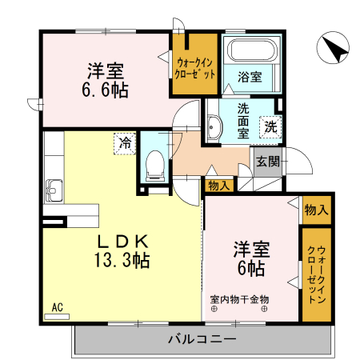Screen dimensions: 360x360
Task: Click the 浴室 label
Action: (x=250, y=78)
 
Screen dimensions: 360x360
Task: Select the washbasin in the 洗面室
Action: (x=214, y=126)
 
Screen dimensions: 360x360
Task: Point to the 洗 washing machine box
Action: (x=271, y=126)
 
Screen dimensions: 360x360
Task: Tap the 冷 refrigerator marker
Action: (x=125, y=142)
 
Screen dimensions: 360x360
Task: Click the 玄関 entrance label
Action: (x=268, y=161)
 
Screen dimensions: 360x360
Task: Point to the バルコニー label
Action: (x=202, y=339)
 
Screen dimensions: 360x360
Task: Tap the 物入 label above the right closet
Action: (x=316, y=211)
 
